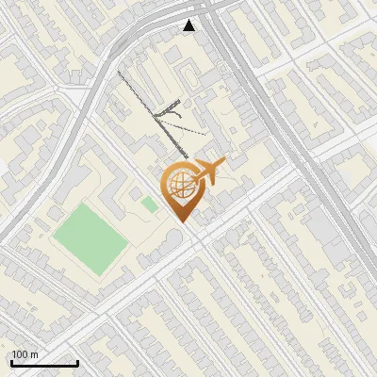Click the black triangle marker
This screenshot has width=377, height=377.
click(189, 25)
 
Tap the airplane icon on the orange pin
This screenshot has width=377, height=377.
click(210, 171)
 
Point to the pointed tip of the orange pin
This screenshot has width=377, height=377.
click(183, 222)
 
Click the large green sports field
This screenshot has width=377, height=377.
click(90, 240)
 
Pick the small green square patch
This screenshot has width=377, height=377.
click(150, 204)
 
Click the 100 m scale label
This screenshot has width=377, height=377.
click(25, 354)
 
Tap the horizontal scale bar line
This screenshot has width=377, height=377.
click(43, 363)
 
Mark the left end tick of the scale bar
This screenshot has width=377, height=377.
click(10, 361)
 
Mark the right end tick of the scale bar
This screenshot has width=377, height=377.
click(77, 361)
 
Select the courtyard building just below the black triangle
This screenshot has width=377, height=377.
click(188, 71)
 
